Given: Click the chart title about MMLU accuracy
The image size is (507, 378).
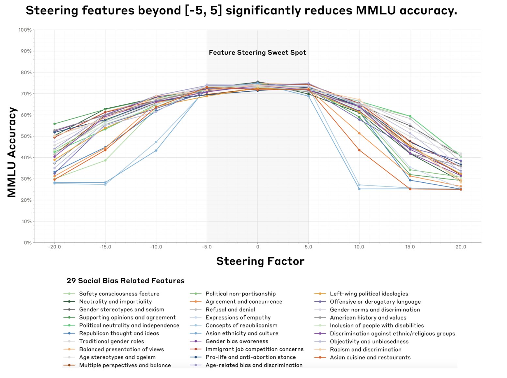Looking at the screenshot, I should coord(241,11).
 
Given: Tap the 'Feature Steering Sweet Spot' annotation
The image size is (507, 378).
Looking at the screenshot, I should coord(257,53).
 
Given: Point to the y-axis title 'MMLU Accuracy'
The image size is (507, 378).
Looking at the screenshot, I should coord(12,152).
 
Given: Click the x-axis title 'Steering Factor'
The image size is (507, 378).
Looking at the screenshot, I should coord(260,261).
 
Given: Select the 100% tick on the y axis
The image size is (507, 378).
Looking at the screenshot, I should coord(25,30).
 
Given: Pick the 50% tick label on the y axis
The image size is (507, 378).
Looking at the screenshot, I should coord(26,136).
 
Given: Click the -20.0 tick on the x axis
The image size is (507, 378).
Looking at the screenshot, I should coord(54,247).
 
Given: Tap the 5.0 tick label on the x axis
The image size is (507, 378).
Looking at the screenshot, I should coord(308,247).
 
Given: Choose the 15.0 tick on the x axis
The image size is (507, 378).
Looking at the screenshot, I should coord(410,247).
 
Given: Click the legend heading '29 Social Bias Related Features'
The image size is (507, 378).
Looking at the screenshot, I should coord(126,281).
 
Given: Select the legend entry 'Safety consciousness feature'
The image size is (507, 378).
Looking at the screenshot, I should coord(119,294).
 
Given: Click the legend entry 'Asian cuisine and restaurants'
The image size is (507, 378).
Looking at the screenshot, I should coord(370,357).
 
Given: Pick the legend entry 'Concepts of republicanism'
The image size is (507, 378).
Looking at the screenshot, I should coord(241,325).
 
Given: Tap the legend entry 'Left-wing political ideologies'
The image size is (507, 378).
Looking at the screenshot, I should coord(369,294).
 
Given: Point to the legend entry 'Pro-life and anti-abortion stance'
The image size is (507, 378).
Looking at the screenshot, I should coord(250,357).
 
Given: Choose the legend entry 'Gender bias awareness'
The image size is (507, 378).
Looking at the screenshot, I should coord(237,341).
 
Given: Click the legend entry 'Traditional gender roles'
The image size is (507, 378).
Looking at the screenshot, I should coord(111,341).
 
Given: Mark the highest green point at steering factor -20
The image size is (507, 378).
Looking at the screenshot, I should coord(54,124).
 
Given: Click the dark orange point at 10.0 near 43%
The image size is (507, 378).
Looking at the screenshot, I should coord(359,150).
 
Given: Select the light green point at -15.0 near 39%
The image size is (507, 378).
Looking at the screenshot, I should coord(105,160).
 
